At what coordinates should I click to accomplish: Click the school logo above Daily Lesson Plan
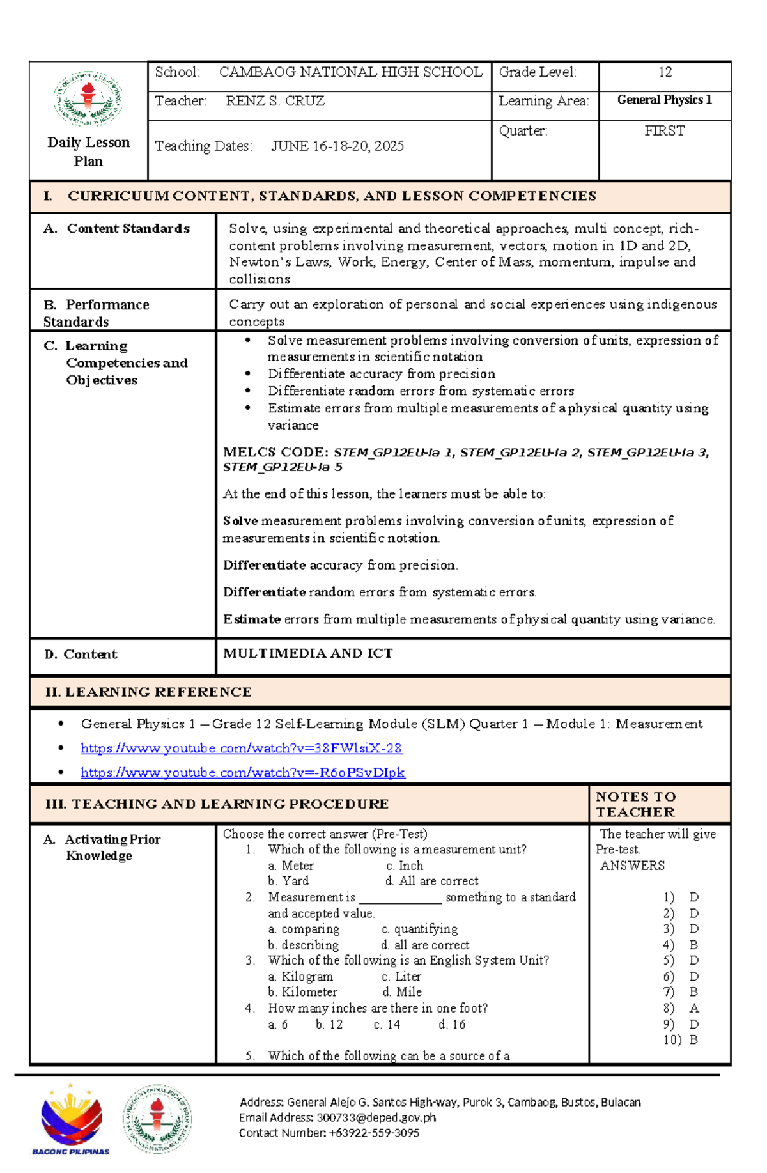88,98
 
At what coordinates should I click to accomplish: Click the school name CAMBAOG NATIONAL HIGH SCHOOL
350,72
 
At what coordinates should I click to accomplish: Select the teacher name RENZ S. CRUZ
275,101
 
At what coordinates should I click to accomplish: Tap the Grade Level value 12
665,72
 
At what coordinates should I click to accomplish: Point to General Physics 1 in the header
664,100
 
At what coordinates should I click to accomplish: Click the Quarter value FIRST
664,131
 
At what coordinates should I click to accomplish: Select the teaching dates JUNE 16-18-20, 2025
337,146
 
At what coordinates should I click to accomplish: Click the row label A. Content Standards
117,229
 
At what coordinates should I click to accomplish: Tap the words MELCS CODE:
275,453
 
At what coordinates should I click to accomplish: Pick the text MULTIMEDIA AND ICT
307,653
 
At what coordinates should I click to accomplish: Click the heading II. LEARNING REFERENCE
148,692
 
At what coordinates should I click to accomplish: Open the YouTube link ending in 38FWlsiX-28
241,748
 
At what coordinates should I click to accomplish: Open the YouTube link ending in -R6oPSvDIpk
242,772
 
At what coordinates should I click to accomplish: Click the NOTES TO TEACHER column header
635,804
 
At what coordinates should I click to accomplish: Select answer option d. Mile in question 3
402,992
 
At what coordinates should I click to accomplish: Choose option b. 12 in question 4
329,1024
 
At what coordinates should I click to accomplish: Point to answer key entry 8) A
681,1008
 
